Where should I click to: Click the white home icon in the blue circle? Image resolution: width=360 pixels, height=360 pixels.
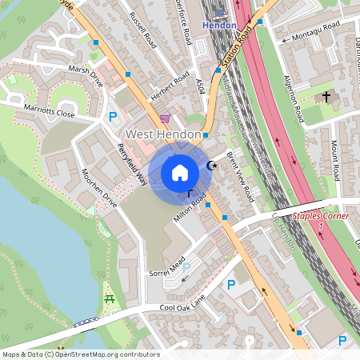180,173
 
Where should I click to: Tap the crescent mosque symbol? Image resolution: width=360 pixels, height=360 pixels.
211,166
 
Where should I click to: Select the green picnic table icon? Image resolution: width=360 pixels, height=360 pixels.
110,300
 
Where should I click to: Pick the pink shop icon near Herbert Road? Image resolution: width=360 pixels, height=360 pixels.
165,119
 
